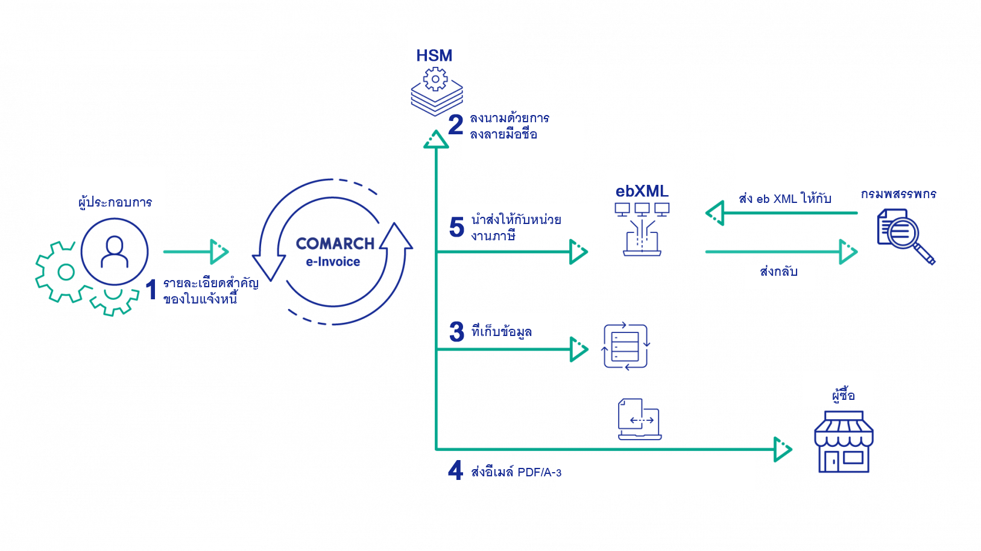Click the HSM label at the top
click(434, 55)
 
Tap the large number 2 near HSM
click(456, 125)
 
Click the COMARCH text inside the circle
click(335, 243)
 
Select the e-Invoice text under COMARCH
click(333, 262)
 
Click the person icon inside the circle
click(115, 251)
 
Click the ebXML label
click(642, 190)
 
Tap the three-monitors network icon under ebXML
click(642, 229)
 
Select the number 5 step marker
click(457, 227)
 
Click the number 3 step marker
click(457, 331)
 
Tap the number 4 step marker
click(455, 470)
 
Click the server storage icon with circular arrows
click(626, 346)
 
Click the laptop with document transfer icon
click(640, 419)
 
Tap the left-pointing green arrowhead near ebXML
click(715, 213)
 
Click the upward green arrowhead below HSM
click(435, 140)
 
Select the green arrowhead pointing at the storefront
click(782, 449)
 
